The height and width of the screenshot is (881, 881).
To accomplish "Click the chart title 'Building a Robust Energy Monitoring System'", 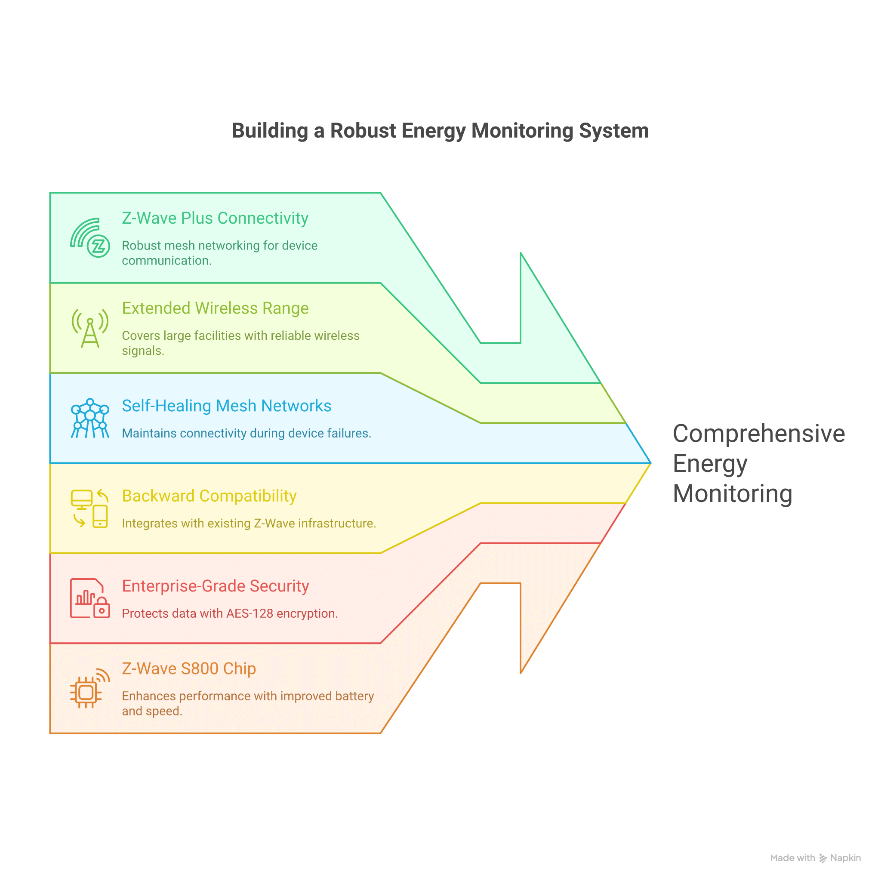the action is coord(440,131).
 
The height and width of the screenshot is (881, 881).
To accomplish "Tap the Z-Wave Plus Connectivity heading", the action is coord(215,218).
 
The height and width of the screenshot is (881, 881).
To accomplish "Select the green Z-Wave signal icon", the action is coord(90,237).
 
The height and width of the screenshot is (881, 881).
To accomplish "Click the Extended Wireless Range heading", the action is coord(215,308).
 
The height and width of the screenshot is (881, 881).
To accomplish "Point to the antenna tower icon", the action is coord(90,328).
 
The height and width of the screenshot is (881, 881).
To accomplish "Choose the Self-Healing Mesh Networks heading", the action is coord(227,406).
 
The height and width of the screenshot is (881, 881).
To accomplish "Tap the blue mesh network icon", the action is coord(90,418).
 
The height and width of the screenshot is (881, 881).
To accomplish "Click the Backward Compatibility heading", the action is coord(209,496).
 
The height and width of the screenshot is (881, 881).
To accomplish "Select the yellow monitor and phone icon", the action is coord(90,508).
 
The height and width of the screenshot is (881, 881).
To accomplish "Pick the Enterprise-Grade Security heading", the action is coord(215,586).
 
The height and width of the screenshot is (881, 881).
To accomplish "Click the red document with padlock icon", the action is coord(90,598).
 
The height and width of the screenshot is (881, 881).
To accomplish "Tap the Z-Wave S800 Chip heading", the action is coord(189,668).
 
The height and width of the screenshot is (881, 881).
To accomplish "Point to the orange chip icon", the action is coord(90,689).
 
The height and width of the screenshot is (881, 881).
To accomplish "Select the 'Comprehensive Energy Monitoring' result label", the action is coord(759,463).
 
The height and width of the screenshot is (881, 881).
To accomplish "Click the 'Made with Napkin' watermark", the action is coord(815,858).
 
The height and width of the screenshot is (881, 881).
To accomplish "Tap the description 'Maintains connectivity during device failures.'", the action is coord(246,433).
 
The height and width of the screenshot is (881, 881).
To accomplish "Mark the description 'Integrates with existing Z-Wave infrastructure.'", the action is coord(249,524).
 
